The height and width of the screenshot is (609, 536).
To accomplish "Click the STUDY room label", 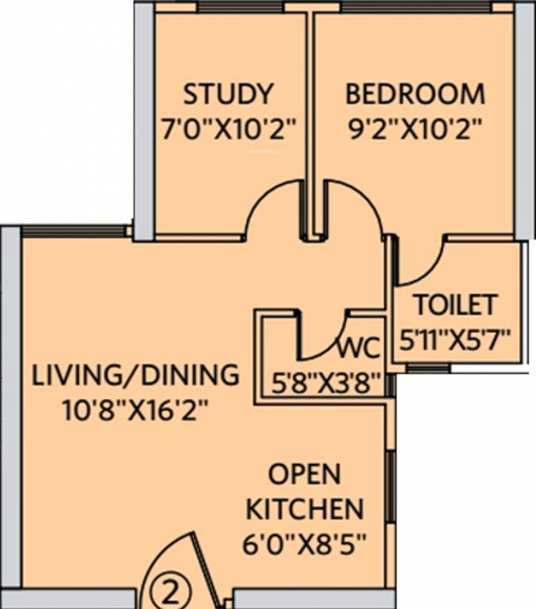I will click(x=229, y=94).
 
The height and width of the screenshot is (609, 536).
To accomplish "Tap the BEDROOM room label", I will click(x=415, y=94).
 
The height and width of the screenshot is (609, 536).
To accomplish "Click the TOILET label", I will click(x=455, y=304).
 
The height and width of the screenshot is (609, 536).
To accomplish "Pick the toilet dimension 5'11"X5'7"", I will click(x=455, y=340).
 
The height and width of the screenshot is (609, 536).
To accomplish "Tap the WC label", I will click(x=360, y=349).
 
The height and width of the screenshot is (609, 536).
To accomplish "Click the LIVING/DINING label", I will click(x=135, y=374).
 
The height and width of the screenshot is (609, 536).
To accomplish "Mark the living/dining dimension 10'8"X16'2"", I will click(x=135, y=410).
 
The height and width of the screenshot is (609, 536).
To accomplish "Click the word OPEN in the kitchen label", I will click(x=304, y=474).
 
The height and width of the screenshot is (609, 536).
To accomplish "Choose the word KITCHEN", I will click(x=304, y=508).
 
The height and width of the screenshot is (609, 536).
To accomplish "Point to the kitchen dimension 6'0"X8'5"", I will click(x=304, y=545).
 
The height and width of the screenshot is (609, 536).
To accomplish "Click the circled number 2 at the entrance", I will click(x=160, y=591).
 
